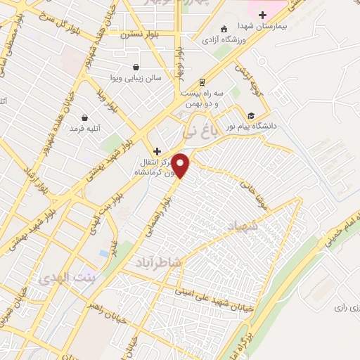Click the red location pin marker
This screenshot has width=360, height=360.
click(x=181, y=166)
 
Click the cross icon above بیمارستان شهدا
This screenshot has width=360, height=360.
click(x=262, y=14)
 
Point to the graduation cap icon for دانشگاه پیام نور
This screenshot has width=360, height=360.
click(x=251, y=115)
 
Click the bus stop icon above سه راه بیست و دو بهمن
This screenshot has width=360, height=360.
click(x=202, y=82)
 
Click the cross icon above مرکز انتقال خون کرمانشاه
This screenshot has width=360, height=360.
click(x=157, y=151)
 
